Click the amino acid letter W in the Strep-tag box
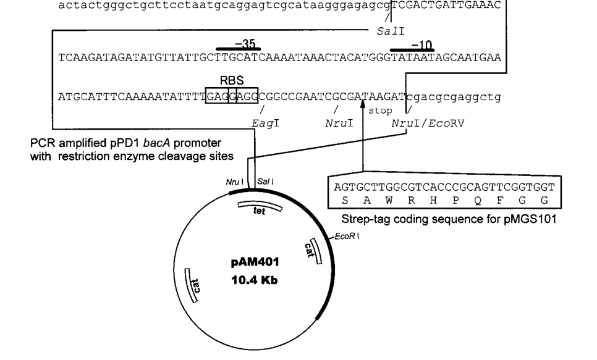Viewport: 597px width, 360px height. pyautogui.click(x=384, y=201)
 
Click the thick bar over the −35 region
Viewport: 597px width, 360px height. pyautogui.click(x=239, y=49)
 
